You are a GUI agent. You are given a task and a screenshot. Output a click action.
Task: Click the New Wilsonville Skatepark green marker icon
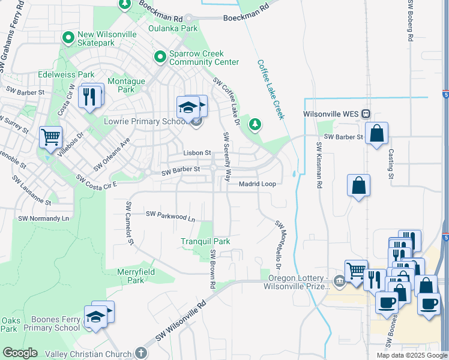click(x=68, y=38)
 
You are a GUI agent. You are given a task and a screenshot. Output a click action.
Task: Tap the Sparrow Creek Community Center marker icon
click(x=160, y=57)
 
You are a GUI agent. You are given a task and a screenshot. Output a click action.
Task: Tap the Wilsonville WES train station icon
click(x=366, y=114)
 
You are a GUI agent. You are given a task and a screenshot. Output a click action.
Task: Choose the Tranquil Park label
click(x=206, y=241)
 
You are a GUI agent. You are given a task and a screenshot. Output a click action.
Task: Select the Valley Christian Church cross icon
click(x=140, y=353)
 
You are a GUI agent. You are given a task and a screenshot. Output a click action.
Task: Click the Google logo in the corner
click(x=20, y=353)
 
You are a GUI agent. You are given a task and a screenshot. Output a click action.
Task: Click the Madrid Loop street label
click(x=258, y=184)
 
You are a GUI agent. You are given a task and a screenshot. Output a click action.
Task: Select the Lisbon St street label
click(x=197, y=153)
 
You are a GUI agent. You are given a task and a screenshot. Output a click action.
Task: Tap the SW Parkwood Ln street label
click(x=171, y=216)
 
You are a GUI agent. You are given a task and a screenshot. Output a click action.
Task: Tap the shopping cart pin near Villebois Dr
click(x=50, y=137)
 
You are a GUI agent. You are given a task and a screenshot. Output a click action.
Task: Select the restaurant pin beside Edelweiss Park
click(x=90, y=96)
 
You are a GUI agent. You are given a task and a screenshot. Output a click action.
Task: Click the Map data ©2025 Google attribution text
click(x=411, y=355)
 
